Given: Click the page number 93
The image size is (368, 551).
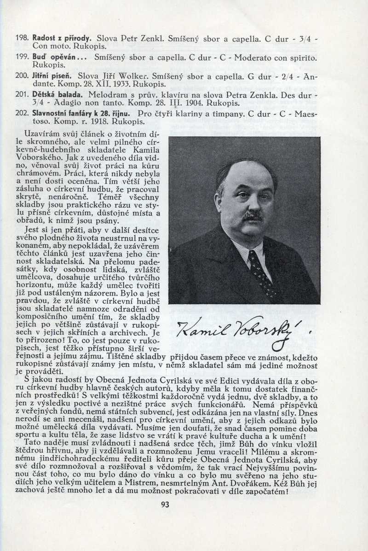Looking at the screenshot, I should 166,504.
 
